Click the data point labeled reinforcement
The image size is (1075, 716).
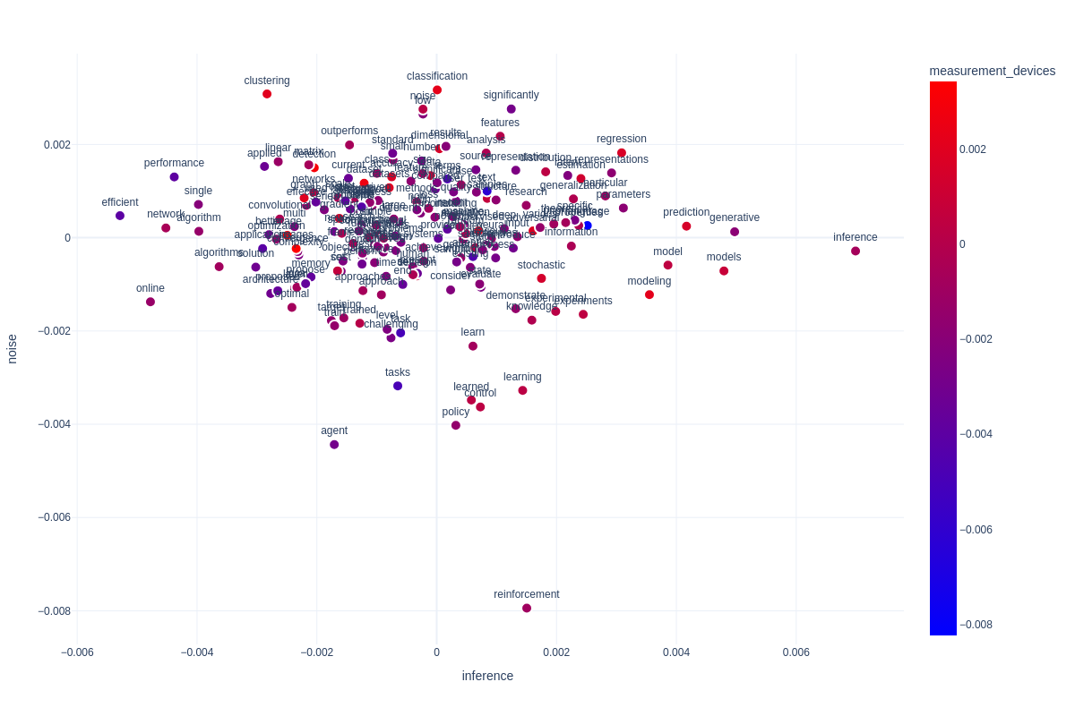527,609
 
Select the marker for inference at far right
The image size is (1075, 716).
856,251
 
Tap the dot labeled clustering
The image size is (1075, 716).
267,94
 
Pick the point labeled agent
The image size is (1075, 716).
334,445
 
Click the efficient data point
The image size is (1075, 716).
120,216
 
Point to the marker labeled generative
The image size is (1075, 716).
735,232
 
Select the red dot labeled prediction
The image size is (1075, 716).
686,226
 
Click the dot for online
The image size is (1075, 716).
150,302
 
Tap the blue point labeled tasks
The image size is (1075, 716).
398,387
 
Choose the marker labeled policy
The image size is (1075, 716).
456,426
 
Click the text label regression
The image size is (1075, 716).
622,139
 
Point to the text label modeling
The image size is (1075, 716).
649,281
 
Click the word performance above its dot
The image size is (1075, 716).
174,163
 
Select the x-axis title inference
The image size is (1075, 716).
487,676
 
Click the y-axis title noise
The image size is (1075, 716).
13,349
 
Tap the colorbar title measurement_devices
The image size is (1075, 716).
992,71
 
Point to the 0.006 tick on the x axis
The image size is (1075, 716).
796,652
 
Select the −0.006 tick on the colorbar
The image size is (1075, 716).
976,530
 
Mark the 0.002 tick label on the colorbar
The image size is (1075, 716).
973,149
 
